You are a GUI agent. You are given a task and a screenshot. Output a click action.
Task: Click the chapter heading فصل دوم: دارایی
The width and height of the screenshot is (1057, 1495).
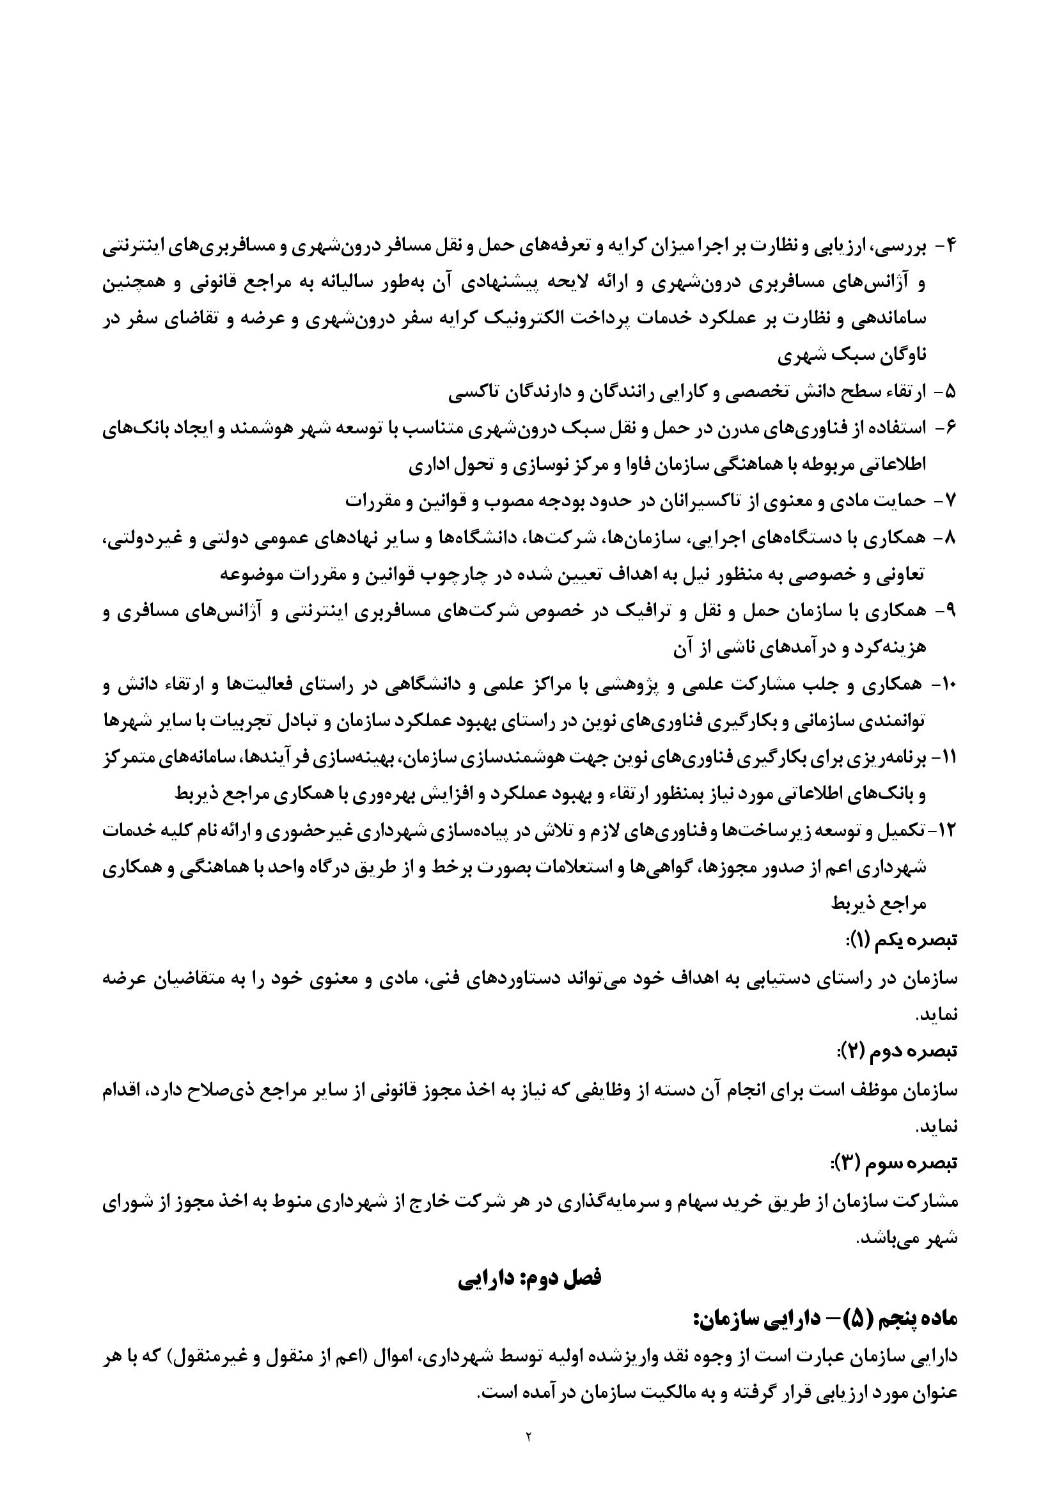click(x=529, y=1277)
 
